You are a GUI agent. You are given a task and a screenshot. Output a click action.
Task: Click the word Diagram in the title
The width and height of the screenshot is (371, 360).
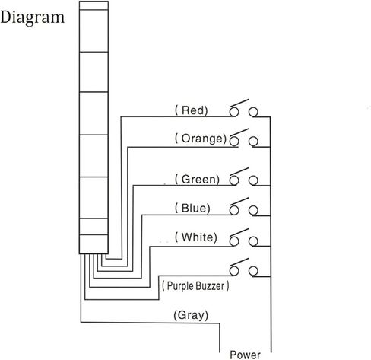[33, 18]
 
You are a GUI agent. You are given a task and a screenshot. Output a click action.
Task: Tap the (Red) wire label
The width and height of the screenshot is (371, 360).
[192, 110]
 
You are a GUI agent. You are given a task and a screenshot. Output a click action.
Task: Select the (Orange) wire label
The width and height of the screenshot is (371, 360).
[201, 139]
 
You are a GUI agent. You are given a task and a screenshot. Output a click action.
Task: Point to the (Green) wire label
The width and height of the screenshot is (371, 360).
[197, 180]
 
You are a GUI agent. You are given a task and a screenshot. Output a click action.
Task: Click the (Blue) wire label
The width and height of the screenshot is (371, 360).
[192, 209]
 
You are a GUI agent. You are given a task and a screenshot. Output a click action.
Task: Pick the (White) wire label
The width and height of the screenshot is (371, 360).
[196, 237]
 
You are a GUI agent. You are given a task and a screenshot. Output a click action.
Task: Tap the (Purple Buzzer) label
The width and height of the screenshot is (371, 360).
[195, 286]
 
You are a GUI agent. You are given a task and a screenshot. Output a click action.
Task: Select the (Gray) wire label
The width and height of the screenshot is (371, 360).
[191, 315]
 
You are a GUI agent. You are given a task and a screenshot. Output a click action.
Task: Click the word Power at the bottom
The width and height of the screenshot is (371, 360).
[245, 355]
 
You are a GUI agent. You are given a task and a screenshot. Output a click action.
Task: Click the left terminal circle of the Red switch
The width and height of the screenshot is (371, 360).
[234, 112]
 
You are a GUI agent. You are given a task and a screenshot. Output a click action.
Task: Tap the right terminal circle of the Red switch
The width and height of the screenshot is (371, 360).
[253, 112]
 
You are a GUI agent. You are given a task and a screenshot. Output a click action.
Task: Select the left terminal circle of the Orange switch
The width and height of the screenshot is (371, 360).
[234, 142]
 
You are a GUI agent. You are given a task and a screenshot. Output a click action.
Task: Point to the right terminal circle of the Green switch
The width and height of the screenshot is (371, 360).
[253, 180]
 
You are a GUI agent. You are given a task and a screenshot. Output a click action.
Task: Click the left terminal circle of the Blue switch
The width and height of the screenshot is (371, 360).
[234, 210]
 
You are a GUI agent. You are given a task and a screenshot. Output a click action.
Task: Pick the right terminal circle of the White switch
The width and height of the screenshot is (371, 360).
[253, 241]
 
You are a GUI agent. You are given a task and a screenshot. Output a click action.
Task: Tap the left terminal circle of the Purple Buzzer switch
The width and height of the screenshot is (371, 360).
[234, 271]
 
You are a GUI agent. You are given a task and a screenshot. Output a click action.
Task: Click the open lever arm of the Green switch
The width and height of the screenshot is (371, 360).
[239, 171]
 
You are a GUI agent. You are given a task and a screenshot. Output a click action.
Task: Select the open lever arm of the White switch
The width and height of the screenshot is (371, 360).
[239, 233]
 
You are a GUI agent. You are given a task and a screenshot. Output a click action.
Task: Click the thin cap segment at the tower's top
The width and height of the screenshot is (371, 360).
[94, 5]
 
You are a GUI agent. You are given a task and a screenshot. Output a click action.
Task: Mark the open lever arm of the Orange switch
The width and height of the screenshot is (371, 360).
[239, 132]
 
